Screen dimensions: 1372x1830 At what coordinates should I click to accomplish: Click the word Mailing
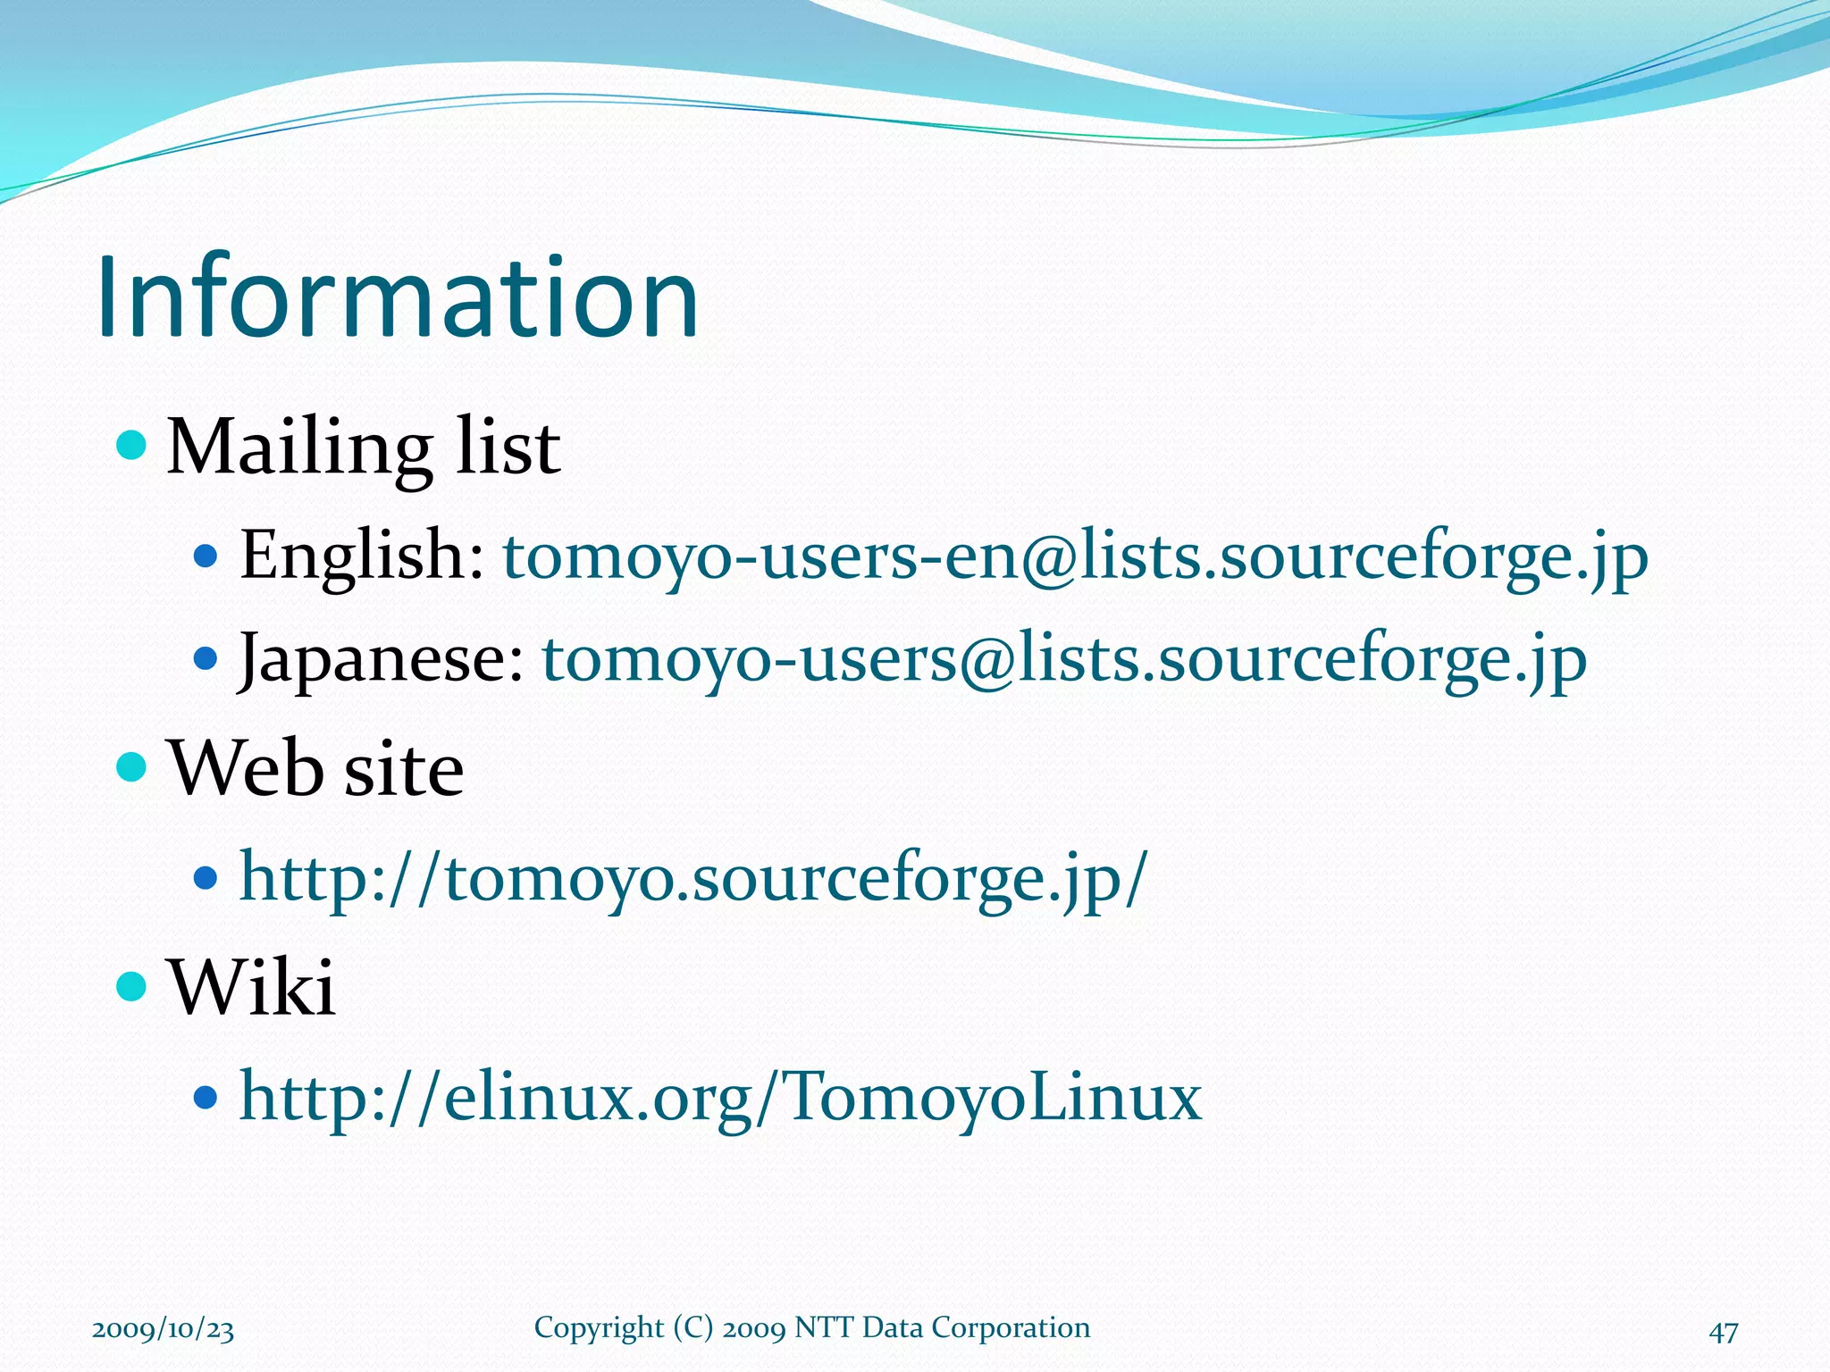tap(299, 448)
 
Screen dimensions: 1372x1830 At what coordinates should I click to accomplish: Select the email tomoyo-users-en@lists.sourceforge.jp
tap(1075, 557)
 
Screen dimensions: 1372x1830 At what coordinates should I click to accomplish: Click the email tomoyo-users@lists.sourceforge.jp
tap(1064, 660)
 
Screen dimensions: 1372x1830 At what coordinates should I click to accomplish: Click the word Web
tap(247, 769)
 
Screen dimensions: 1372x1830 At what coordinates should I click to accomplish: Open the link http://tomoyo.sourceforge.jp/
tap(693, 879)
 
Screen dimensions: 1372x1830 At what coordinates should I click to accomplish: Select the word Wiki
tap(253, 988)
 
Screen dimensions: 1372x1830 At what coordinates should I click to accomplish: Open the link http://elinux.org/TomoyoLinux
tap(720, 1097)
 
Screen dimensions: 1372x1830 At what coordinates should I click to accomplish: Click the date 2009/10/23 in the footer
tap(164, 1329)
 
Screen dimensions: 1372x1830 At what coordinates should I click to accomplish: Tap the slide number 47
tap(1724, 1332)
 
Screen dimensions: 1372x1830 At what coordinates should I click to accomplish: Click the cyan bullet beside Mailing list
tap(131, 444)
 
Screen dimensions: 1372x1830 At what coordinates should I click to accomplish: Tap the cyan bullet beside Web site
tap(131, 765)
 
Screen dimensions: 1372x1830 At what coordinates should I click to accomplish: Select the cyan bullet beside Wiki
tap(131, 986)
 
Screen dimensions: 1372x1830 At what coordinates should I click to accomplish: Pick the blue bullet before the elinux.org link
tap(206, 1097)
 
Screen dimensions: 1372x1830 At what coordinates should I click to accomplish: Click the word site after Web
tap(404, 771)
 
